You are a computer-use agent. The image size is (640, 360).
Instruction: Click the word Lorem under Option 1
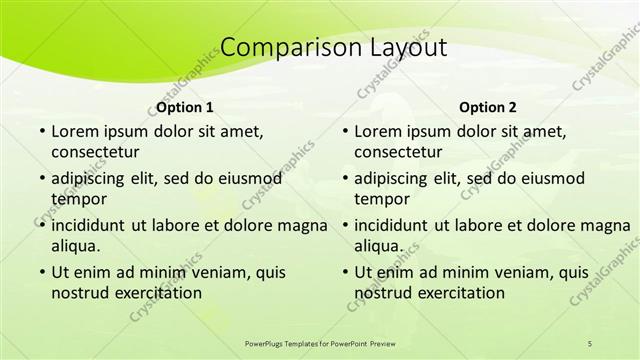click(74, 131)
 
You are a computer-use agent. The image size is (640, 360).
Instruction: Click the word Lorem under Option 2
click(378, 131)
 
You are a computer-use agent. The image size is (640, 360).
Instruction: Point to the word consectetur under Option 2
click(398, 152)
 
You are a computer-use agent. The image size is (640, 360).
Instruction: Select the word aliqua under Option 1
click(73, 245)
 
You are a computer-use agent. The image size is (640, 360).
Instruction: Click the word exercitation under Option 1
click(154, 292)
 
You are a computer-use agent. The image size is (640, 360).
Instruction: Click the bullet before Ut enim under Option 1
click(41, 272)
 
